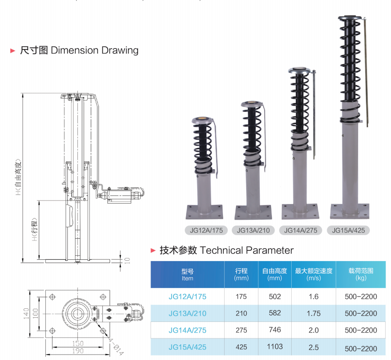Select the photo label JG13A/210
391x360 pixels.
pos(253,231)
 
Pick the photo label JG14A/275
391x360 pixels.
pos(301,231)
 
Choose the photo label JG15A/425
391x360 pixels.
pos(348,231)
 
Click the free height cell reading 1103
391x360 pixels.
pos(274,347)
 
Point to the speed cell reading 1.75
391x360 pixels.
pos(313,313)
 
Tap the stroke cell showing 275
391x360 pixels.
pos(241,330)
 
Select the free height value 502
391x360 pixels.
pos(274,297)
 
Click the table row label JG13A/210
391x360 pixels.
pos(187,313)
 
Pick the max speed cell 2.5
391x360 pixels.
pos(313,347)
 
